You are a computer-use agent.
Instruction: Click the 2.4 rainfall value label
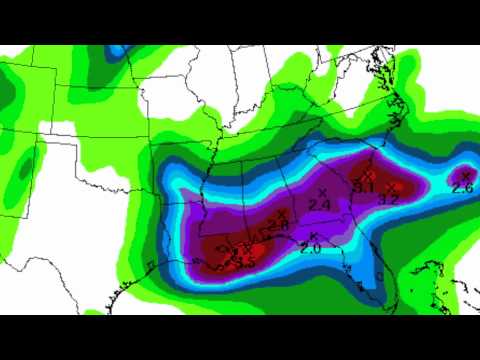(321, 204)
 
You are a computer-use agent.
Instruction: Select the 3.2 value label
(391, 199)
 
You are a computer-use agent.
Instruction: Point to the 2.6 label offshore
(462, 187)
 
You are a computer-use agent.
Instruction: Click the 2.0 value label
(311, 248)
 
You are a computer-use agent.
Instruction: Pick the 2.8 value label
(279, 226)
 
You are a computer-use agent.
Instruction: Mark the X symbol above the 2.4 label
(323, 191)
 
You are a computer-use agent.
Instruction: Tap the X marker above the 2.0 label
(314, 235)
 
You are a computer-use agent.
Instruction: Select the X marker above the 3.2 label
(395, 186)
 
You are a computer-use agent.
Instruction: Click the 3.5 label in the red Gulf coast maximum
(244, 261)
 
